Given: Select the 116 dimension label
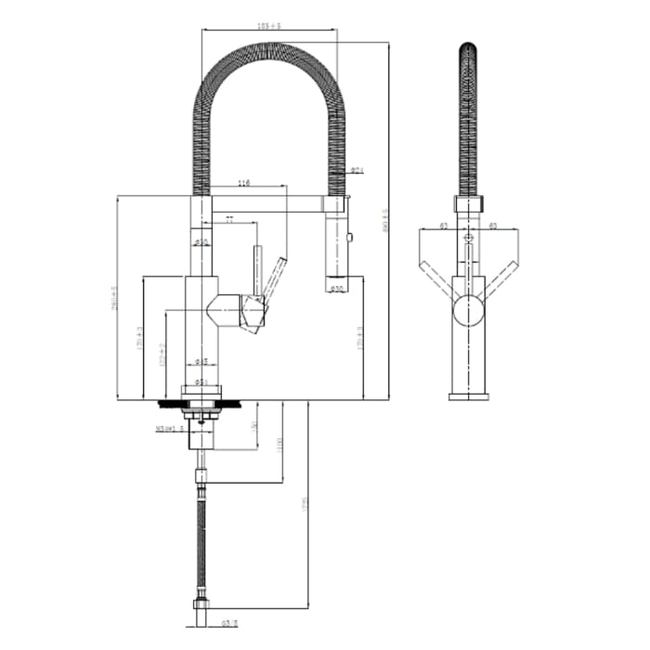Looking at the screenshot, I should [244, 182].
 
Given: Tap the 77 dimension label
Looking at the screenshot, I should [229, 219].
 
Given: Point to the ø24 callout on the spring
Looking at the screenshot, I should [357, 170].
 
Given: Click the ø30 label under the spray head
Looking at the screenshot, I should [337, 289].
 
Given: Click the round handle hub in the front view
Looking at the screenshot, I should [468, 312].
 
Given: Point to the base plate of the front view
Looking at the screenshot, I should [468, 396].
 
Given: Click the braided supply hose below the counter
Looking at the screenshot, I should [201, 539].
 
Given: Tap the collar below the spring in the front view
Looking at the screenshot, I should [468, 205].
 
